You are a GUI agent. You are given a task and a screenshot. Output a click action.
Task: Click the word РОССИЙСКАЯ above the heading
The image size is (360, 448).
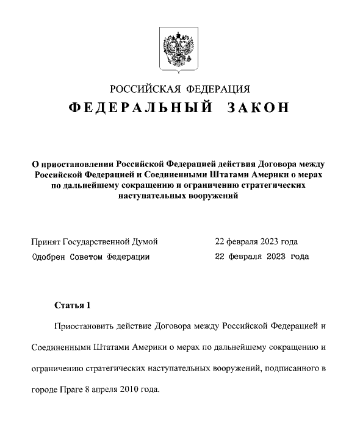pyautogui.click(x=141, y=87)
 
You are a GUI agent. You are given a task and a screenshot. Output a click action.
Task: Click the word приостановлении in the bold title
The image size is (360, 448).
pyautogui.click(x=76, y=164)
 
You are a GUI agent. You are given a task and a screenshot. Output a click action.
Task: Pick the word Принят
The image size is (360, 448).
pyautogui.click(x=45, y=241)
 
